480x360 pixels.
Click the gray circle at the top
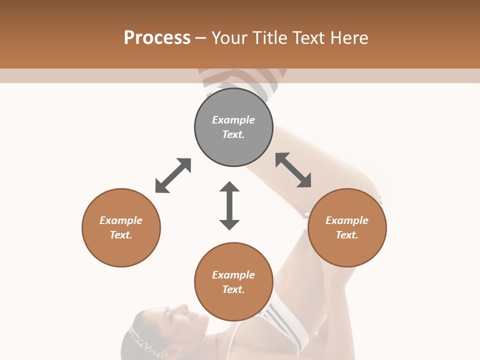tap(233, 127)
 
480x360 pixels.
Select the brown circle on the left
tap(121, 227)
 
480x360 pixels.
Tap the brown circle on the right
tap(347, 227)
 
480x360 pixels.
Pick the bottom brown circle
tap(233, 282)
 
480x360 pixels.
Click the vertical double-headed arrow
tap(229, 205)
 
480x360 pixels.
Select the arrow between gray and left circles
tap(173, 175)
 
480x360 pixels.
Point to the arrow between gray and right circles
tap(293, 170)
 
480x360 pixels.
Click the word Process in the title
tap(157, 37)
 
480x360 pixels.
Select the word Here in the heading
tap(349, 37)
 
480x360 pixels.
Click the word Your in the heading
tap(229, 37)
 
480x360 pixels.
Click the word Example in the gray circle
tap(233, 120)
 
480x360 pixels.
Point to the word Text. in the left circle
tap(121, 235)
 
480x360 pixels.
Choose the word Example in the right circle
tap(347, 220)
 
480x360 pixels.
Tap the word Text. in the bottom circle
tap(233, 289)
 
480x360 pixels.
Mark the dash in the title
tap(201, 38)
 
